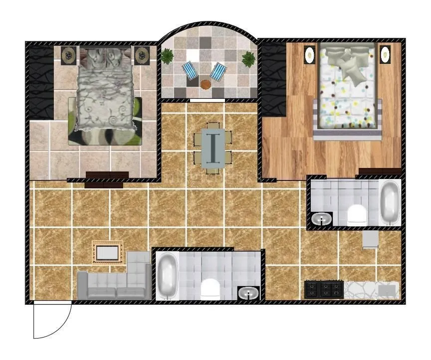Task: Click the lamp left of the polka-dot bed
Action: click(x=310, y=53)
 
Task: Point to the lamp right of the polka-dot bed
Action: click(x=385, y=53)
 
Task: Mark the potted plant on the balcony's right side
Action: click(x=248, y=59)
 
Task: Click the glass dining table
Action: click(x=213, y=146)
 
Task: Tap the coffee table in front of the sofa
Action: click(x=107, y=253)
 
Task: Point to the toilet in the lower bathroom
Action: click(x=210, y=289)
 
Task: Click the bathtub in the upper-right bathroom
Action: click(x=389, y=202)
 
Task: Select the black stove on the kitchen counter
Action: click(x=324, y=289)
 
